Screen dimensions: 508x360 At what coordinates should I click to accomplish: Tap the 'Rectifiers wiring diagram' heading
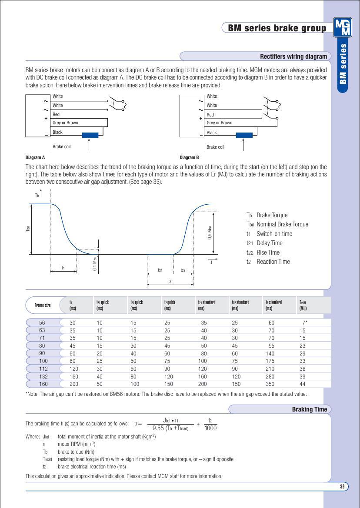click(293, 56)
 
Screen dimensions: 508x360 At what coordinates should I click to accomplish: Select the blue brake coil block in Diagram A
click(90, 135)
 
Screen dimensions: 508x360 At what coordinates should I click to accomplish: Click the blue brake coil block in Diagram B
click(244, 135)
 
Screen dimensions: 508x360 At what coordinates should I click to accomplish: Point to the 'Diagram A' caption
click(35, 158)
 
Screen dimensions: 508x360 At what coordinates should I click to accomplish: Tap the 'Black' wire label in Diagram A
click(58, 133)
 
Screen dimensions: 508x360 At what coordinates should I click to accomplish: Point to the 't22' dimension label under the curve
click(183, 270)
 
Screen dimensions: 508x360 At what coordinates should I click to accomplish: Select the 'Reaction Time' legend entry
click(273, 262)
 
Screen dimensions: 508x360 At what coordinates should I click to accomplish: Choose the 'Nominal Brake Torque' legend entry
click(282, 224)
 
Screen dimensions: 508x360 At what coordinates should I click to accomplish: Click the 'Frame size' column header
click(42, 305)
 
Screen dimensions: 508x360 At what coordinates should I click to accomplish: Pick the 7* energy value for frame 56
click(304, 322)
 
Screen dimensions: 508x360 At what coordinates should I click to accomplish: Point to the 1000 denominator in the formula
click(210, 428)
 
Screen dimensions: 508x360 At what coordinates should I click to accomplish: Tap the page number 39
click(342, 487)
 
